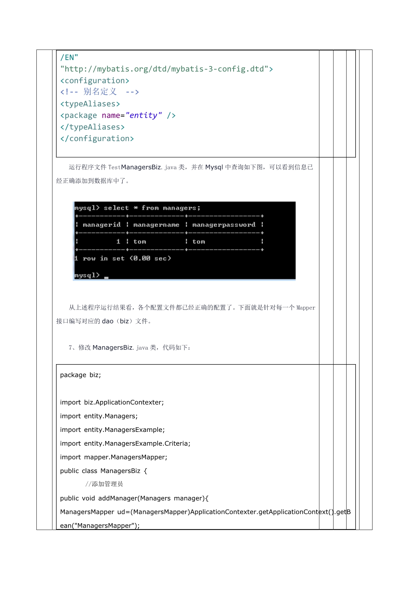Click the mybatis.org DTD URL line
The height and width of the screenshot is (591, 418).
(x=167, y=69)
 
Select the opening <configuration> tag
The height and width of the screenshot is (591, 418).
(x=95, y=81)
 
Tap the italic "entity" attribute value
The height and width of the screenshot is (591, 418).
(x=144, y=115)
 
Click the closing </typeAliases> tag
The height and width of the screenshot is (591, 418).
(x=92, y=127)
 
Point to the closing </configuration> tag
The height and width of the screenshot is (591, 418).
(x=97, y=139)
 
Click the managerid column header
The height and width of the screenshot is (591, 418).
(x=101, y=225)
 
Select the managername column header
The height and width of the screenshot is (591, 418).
(x=156, y=225)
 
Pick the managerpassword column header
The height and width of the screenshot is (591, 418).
(x=223, y=225)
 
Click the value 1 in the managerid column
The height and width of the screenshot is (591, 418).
(x=118, y=242)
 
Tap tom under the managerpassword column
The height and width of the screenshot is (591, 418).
(x=199, y=242)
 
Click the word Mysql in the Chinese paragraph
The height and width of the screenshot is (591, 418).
(x=214, y=167)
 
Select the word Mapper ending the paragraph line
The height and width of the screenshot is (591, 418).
(x=306, y=308)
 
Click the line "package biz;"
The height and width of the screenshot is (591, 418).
(x=81, y=375)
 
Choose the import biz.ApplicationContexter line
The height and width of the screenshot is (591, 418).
(x=112, y=402)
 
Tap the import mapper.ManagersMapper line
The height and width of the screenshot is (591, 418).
(x=114, y=457)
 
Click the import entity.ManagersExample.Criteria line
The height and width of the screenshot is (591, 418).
(x=125, y=443)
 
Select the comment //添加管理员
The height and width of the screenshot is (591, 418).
(x=104, y=484)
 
